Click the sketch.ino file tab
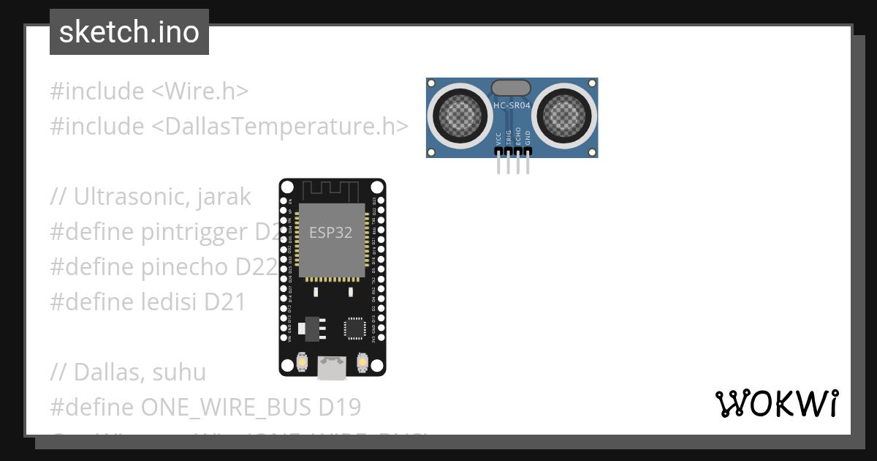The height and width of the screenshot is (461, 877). click(x=129, y=32)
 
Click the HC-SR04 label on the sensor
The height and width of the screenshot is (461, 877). click(x=512, y=105)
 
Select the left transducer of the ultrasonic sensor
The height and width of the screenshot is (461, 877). click(x=460, y=114)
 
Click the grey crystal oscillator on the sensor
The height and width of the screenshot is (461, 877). click(x=512, y=88)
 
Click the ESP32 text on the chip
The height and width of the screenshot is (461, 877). click(x=330, y=233)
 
